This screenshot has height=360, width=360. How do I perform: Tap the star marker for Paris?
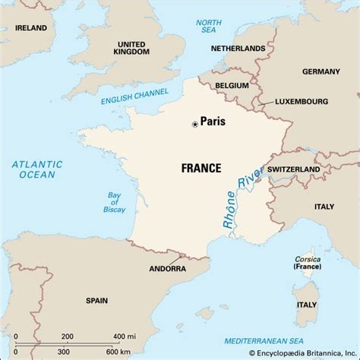pyautogui.click(x=195, y=123)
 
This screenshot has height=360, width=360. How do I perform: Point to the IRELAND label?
pyautogui.click(x=26, y=28)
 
